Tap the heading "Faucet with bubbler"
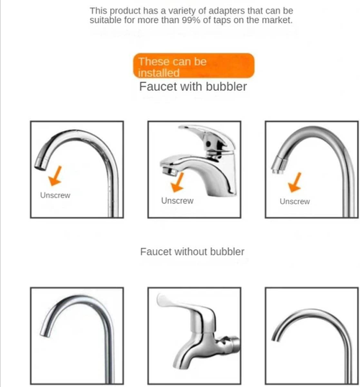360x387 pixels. pos(192,86)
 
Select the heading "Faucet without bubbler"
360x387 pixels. pos(192,252)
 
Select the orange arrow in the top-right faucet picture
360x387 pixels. pos(293,183)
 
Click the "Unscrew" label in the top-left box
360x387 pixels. pos(55,195)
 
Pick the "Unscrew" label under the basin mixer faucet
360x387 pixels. pos(177,201)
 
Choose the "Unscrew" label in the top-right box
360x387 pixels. pos(294,202)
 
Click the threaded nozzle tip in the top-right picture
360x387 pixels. pos(276,169)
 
